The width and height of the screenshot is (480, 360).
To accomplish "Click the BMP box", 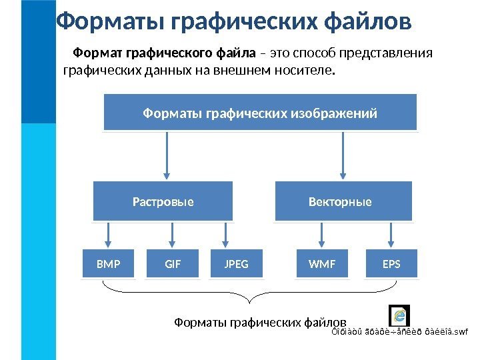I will pos(108,264).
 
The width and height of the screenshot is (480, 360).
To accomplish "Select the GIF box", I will pos(173,264).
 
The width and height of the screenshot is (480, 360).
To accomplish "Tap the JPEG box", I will pos(237,264).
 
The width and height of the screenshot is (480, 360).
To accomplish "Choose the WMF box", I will pos(323,264).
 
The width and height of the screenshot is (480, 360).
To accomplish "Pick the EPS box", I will pos(391,264).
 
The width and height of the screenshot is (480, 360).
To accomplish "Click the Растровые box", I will pos(163,201).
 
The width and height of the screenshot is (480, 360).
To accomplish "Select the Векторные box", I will pos(344,201).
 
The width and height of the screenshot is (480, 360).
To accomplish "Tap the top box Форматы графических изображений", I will pos(260,113).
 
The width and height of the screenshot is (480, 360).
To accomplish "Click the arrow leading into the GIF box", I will pos(173,235).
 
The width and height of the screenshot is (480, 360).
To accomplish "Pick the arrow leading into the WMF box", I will pos(323,235).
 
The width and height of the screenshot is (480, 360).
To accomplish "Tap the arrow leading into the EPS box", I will pos(391,235).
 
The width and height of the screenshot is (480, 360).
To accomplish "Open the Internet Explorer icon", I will pos(399,315).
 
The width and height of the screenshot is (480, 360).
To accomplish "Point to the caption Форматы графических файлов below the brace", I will pos(260,323).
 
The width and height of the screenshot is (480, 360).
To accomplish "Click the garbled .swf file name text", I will pos(400,331).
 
